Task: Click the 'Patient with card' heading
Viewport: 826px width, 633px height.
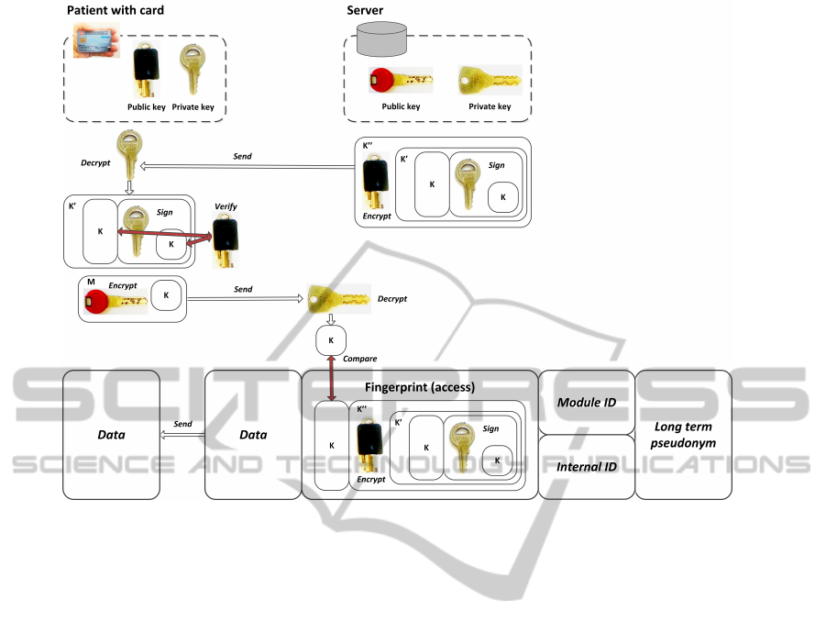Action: [115, 10]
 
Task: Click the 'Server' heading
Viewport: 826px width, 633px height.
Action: [365, 10]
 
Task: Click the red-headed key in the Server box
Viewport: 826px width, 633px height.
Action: [400, 81]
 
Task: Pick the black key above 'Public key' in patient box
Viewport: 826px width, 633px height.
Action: [146, 70]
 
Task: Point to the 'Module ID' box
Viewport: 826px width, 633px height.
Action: [586, 402]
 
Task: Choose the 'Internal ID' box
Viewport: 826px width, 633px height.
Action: [586, 466]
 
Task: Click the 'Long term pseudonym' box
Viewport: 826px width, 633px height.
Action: [683, 434]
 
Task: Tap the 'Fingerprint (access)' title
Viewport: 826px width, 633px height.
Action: [419, 387]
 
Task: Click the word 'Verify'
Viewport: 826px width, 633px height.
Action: [225, 206]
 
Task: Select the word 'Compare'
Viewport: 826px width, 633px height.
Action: [358, 359]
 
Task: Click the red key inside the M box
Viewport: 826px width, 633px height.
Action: [115, 301]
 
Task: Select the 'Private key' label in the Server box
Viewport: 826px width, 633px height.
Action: [490, 106]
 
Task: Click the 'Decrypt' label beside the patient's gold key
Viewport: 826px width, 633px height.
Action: [96, 163]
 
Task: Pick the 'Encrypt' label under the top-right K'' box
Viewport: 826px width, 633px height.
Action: [376, 217]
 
